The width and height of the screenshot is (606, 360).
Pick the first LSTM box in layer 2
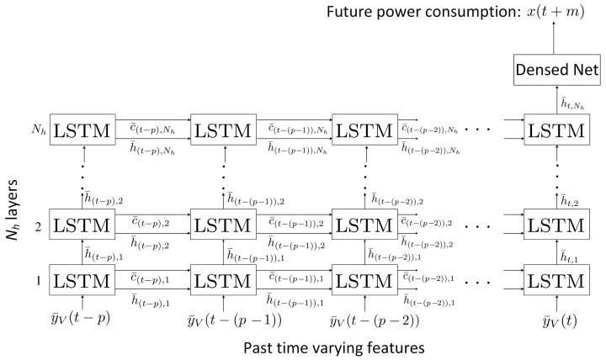pyautogui.click(x=81, y=226)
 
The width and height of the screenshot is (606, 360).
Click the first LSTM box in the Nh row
pyautogui.click(x=81, y=130)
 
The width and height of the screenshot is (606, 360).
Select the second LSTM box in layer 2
pyautogui.click(x=222, y=226)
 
